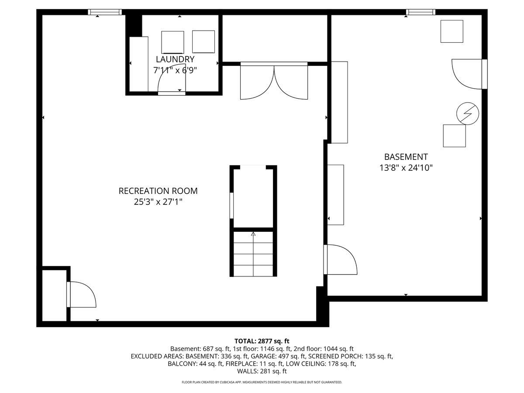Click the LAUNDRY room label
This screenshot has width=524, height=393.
[x=175, y=59]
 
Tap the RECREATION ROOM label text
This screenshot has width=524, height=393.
[x=158, y=191]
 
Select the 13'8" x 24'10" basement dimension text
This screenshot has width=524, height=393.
[x=406, y=167]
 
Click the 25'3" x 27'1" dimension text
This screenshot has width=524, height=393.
[x=158, y=202]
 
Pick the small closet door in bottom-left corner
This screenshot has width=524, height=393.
[x=81, y=295]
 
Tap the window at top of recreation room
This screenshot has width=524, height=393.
[x=105, y=12]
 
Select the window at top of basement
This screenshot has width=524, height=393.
[x=421, y=12]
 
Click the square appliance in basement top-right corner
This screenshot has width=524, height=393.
[x=452, y=31]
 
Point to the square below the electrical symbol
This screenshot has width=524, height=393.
[x=454, y=136]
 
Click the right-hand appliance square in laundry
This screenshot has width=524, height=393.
[x=203, y=42]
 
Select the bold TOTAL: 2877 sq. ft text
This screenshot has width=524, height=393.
[x=262, y=341]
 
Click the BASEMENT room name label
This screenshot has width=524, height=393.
[x=406, y=157]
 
